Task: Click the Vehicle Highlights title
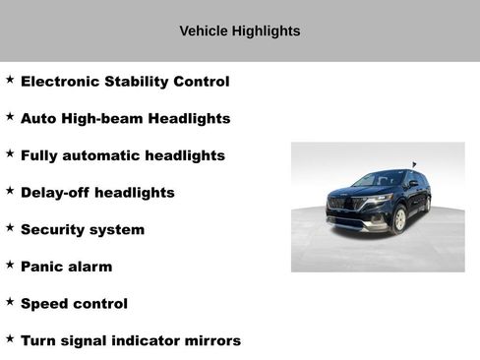pyautogui.click(x=240, y=30)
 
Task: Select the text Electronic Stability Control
pyautogui.click(x=125, y=82)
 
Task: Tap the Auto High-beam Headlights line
pyautogui.click(x=125, y=118)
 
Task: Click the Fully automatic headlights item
pyautogui.click(x=123, y=155)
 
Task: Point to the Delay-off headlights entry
pyautogui.click(x=97, y=193)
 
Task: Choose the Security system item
pyautogui.click(x=83, y=229)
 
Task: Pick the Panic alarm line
pyautogui.click(x=66, y=267)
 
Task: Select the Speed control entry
pyautogui.click(x=74, y=304)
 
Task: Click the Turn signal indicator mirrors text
pyautogui.click(x=131, y=341)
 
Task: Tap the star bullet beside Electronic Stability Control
pyautogui.click(x=10, y=79)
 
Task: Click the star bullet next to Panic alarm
pyautogui.click(x=10, y=264)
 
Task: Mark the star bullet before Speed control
pyautogui.click(x=10, y=301)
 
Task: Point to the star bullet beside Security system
pyautogui.click(x=10, y=226)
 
